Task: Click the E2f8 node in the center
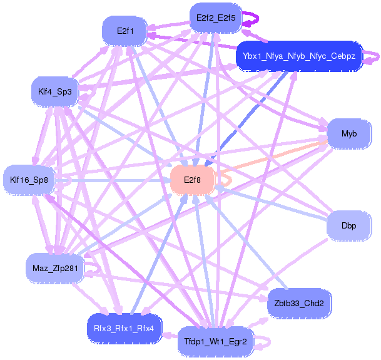[x=193, y=180]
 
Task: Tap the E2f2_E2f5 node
[x=215, y=18]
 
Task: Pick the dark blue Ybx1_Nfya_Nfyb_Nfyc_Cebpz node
[x=299, y=56]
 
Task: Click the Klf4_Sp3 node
[x=54, y=92]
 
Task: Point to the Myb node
[x=349, y=134]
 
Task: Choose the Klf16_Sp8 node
[x=29, y=180]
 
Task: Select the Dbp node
[x=349, y=225]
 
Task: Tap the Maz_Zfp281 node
[x=54, y=269]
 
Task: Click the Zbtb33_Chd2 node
[x=299, y=304]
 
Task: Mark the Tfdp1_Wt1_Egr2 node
[x=215, y=342]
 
